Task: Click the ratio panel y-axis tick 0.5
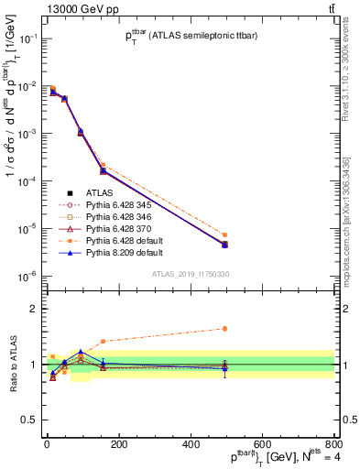pyautogui.click(x=33, y=420)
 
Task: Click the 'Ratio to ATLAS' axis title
pyautogui.click(x=12, y=364)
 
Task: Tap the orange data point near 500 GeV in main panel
pyautogui.click(x=224, y=235)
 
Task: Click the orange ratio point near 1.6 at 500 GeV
pyautogui.click(x=224, y=329)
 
